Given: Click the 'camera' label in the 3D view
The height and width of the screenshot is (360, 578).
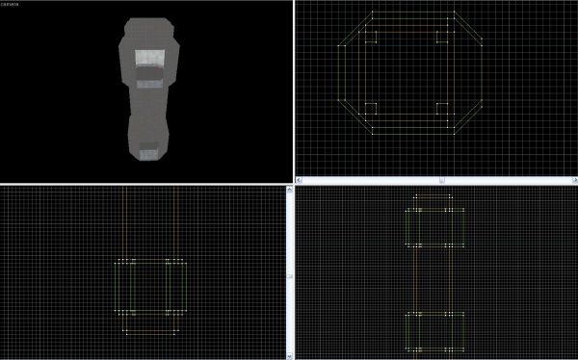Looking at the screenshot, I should tap(11, 5).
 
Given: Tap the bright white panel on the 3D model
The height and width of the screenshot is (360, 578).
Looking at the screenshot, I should tap(148, 61).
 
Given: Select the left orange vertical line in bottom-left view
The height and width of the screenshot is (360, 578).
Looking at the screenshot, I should tap(125, 221).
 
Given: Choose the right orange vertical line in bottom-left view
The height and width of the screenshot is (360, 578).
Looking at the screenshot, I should tap(175, 221).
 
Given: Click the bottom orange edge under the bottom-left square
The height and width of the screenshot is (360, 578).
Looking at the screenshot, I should tap(150, 333).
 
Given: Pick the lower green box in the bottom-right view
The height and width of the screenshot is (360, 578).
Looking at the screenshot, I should tap(433, 331).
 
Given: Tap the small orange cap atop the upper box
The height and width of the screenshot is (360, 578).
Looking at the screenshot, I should tap(433, 200).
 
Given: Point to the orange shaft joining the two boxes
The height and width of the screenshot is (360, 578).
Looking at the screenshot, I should tap(433, 279).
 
